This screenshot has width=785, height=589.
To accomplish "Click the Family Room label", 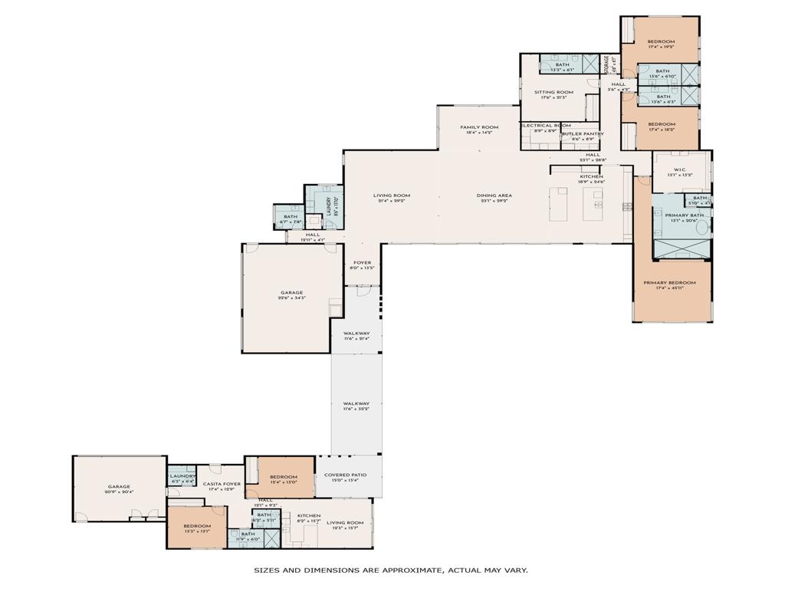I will [x=479, y=127].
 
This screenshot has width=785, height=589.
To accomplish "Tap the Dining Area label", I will [x=494, y=196].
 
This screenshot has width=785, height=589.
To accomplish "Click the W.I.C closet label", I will [x=679, y=169].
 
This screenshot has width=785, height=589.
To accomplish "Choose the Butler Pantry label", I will [x=583, y=133].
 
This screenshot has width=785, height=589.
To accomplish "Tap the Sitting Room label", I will [x=553, y=92].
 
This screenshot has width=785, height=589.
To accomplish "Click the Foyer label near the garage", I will [x=362, y=262].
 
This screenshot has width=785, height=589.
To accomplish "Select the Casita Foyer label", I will [x=222, y=484].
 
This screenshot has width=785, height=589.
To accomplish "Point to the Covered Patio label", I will [x=345, y=475].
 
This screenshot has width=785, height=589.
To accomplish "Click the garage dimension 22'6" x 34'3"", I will [x=292, y=298].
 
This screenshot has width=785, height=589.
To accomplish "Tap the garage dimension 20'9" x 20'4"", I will [x=119, y=492].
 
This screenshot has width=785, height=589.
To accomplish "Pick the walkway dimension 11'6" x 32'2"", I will [x=356, y=409].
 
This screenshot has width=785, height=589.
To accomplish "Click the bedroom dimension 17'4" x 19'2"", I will [x=661, y=48].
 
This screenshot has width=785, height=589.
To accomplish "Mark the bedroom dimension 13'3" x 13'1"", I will [x=198, y=531].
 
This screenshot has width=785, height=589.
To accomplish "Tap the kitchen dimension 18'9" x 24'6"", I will [x=591, y=182].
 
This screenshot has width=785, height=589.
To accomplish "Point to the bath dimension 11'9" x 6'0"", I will [x=248, y=539].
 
